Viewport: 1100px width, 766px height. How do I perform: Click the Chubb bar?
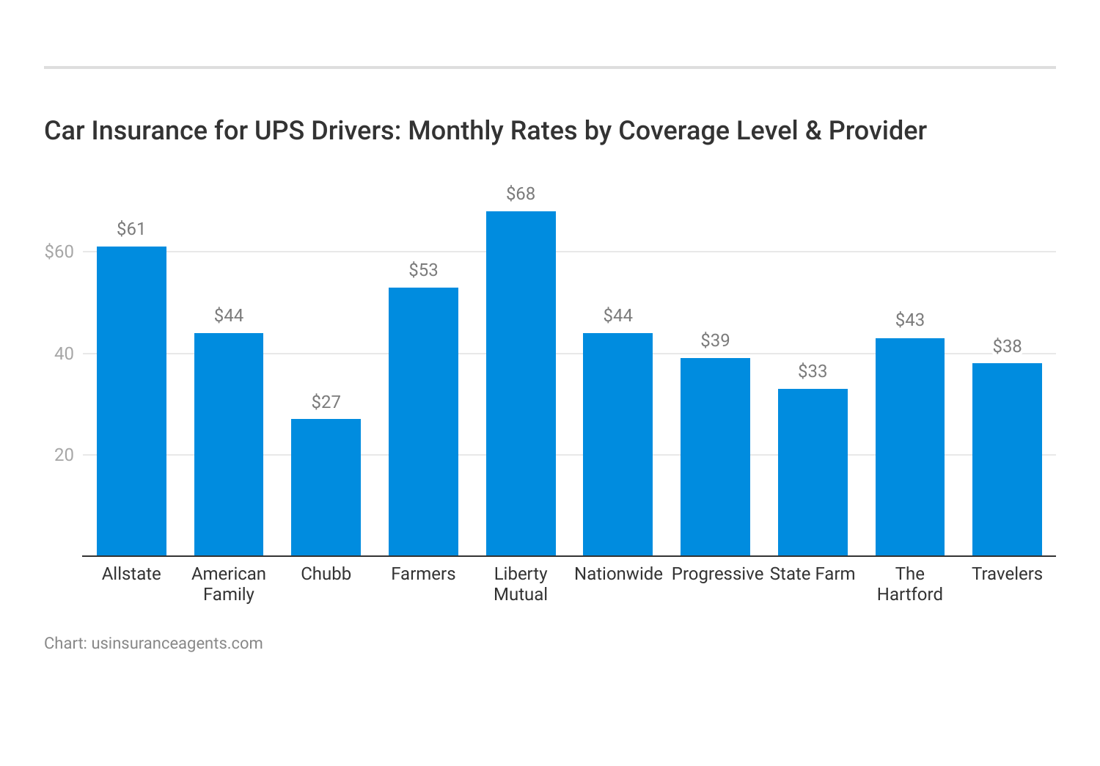[326, 487]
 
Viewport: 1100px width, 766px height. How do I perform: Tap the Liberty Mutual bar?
[521, 383]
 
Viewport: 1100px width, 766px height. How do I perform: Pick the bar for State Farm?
[813, 472]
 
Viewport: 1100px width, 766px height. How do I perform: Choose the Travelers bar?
[1007, 459]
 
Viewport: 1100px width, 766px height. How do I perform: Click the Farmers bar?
[423, 421]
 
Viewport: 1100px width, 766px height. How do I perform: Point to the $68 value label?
[521, 194]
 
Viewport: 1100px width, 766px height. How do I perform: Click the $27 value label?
[326, 402]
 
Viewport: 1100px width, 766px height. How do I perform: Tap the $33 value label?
[813, 371]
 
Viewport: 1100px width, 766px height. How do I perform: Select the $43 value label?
[909, 320]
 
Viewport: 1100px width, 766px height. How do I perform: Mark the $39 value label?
[715, 340]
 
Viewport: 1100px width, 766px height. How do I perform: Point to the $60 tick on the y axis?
[59, 252]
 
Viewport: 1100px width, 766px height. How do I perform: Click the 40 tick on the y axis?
[65, 354]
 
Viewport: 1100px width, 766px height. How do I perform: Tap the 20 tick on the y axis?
[65, 455]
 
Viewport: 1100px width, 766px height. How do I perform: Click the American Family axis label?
[229, 584]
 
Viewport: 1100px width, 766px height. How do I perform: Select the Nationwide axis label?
[618, 574]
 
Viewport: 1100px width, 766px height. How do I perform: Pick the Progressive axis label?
[717, 574]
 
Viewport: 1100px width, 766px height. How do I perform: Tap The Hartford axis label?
[909, 584]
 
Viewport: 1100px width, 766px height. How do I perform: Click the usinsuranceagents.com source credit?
[177, 643]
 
